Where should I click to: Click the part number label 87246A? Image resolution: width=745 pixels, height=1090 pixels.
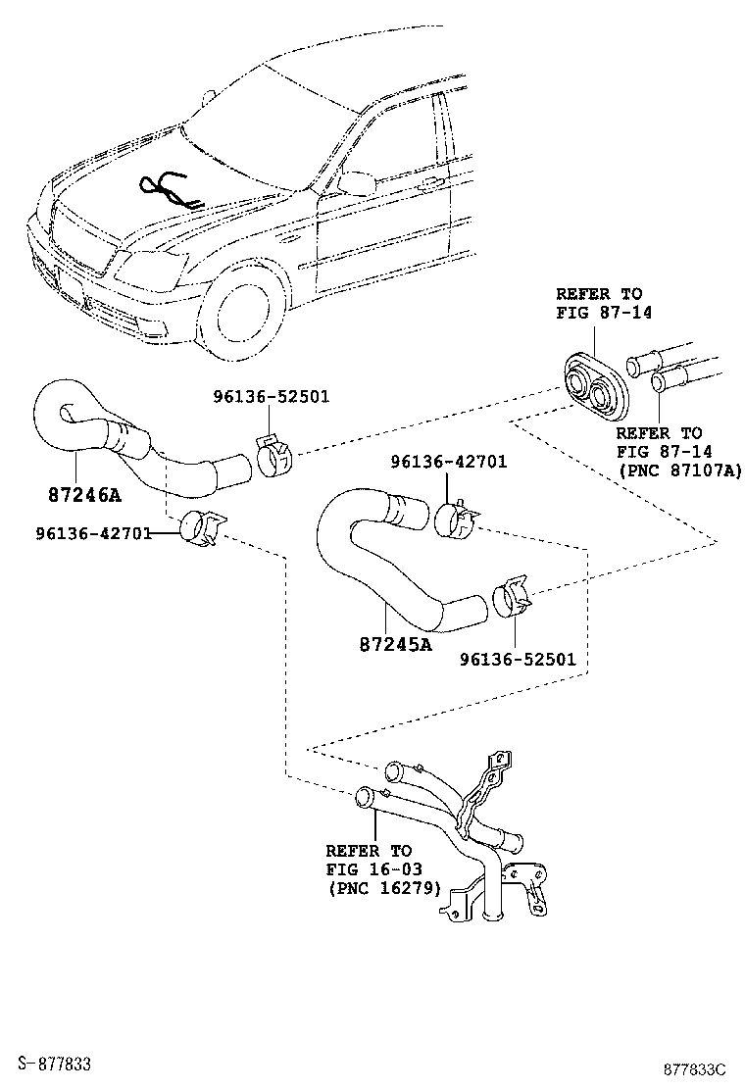point(83,494)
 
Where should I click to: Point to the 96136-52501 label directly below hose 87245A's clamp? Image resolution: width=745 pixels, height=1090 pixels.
point(518,659)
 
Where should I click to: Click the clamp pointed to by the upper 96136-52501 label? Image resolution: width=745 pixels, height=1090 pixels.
point(274,453)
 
